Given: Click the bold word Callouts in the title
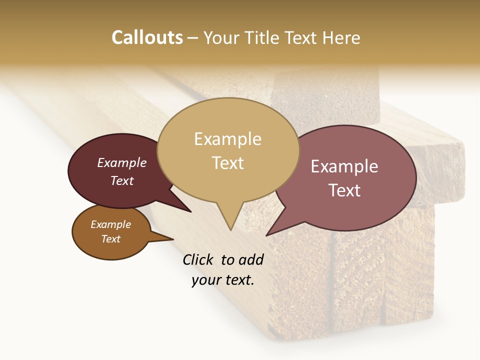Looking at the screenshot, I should pyautogui.click(x=147, y=37).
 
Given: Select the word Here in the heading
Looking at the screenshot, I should pyautogui.click(x=341, y=37).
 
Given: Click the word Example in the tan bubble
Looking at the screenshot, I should pyautogui.click(x=227, y=139).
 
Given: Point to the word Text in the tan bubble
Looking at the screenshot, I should pyautogui.click(x=227, y=163).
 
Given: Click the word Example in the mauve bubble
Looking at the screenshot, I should pyautogui.click(x=344, y=166).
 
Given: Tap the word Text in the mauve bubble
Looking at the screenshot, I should pyautogui.click(x=344, y=190).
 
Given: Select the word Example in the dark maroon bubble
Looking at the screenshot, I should pyautogui.click(x=122, y=162).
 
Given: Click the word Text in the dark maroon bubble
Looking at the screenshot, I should pyautogui.click(x=122, y=180).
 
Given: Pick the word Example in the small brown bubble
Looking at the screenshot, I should pyautogui.click(x=110, y=224).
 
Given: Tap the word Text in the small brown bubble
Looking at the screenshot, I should pyautogui.click(x=110, y=239).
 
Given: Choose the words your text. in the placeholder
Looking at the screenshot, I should pyautogui.click(x=222, y=280).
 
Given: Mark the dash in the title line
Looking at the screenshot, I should pyautogui.click(x=193, y=37).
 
